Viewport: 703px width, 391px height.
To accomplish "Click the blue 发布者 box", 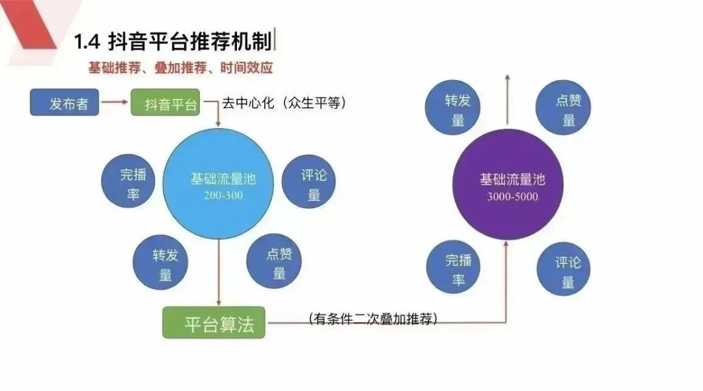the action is pos(64,103).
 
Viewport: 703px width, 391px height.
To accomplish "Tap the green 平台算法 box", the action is pos(214,321).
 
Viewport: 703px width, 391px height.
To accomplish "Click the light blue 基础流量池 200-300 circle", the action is pos(218,183).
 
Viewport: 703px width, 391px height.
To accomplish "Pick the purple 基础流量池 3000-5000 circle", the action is pos(508,185).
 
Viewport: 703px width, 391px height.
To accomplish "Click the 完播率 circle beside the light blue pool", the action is pos(129,183).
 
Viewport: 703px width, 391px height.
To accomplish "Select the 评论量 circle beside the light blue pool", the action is pos(310,184).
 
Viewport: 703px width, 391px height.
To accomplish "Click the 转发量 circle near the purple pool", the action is pos(454,109).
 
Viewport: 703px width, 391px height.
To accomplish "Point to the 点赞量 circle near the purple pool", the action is pos(564,109).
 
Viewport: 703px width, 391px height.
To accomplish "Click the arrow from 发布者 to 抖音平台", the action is pos(115,102).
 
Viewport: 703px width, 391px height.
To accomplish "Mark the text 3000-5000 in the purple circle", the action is pos(512,196).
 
